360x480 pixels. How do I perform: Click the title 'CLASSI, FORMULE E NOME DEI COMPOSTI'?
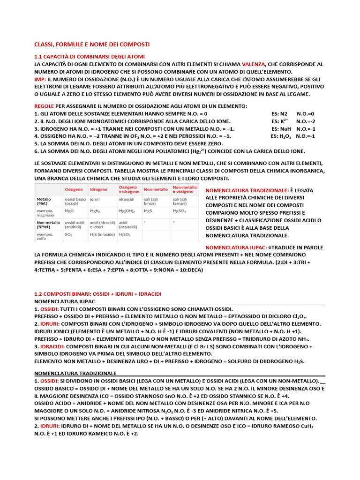(92, 44)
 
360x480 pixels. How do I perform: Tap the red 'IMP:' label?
(40, 80)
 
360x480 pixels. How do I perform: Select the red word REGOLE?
(44, 106)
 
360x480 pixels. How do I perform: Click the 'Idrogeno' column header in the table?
(98, 189)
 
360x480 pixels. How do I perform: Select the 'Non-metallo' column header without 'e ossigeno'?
(156, 189)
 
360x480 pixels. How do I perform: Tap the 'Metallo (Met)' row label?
(45, 201)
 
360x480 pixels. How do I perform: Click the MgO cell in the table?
(69, 211)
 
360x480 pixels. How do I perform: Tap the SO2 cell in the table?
(68, 234)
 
